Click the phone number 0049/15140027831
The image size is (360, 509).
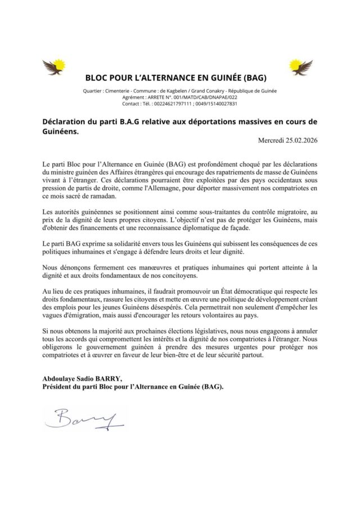215,104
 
